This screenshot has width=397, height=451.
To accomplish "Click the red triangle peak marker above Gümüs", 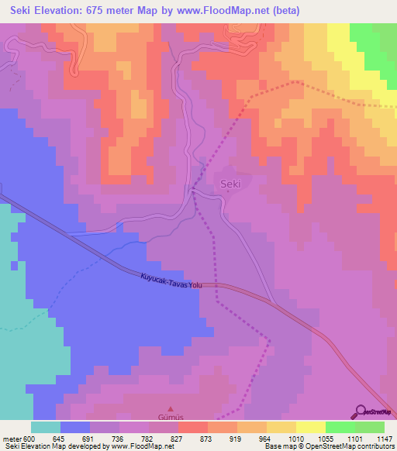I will [171, 408].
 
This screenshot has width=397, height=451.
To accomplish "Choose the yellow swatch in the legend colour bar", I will [310, 427].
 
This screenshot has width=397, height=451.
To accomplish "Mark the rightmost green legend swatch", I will [370, 427].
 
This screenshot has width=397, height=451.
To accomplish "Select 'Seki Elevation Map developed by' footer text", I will [48, 446].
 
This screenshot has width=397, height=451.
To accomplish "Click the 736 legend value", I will [123, 438].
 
